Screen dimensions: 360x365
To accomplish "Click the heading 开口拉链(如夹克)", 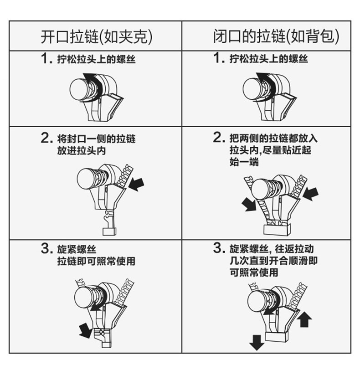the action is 97,37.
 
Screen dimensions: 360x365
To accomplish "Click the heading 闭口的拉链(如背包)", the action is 276,36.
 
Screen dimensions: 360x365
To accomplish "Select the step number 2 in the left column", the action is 45,138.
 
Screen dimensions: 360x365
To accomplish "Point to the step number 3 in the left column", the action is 45,248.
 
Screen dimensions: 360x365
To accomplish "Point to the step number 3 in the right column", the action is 217,248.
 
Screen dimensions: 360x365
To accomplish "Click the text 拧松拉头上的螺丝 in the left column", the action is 97,59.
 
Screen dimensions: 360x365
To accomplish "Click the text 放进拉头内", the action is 82,151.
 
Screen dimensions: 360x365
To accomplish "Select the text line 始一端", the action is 244,162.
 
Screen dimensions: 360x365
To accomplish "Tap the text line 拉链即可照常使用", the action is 97,261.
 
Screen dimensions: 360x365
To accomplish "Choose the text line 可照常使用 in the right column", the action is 254,272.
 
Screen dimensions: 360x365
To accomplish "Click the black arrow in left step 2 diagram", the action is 136,184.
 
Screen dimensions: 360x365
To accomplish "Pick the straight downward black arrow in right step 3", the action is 257,342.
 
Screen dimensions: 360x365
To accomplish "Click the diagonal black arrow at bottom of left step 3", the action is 85,330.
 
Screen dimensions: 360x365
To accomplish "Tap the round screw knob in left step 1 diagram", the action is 79,89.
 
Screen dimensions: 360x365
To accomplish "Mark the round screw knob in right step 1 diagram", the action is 252,89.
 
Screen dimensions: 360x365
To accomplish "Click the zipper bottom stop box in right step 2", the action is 277,229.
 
